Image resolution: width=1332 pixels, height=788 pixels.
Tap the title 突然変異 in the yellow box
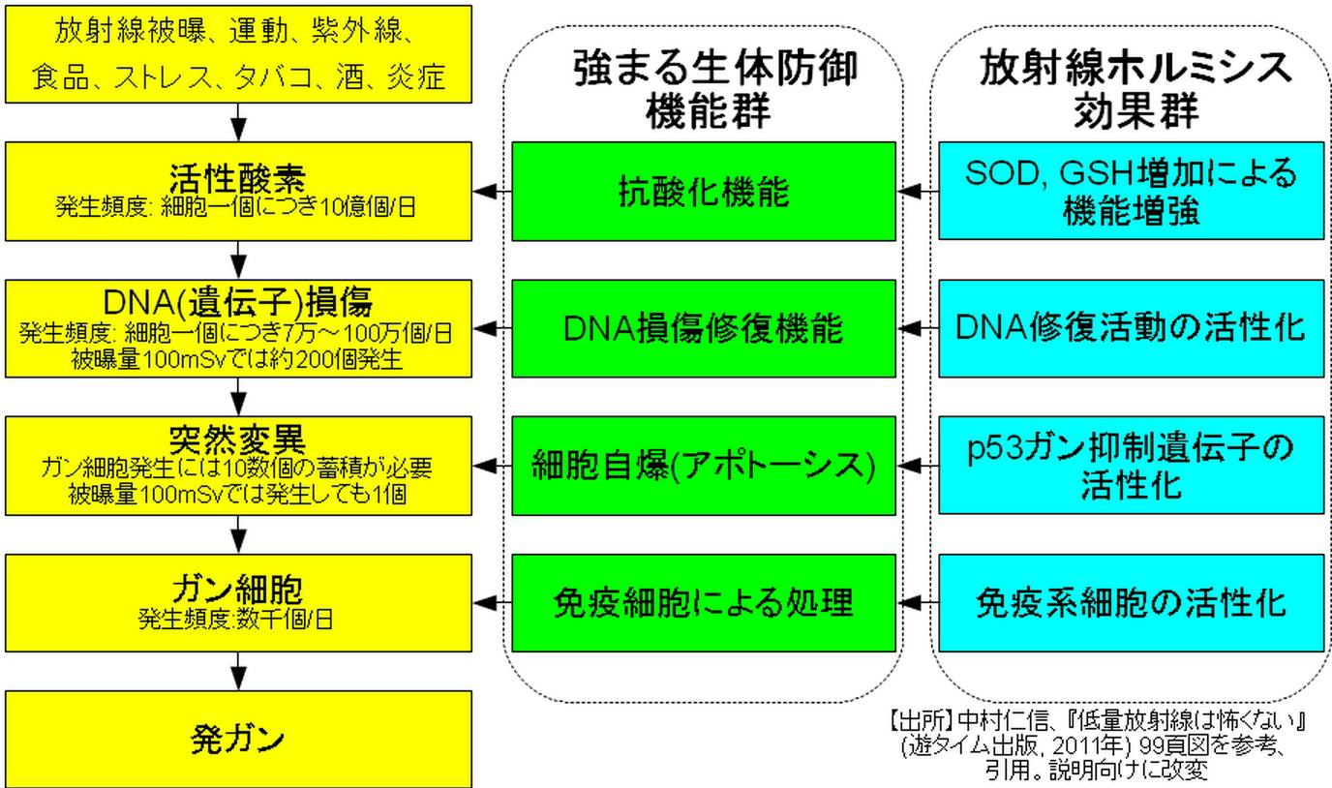237,440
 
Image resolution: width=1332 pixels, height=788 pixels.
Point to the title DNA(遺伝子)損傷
237,303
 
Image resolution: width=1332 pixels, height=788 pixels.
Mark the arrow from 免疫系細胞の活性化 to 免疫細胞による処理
919,602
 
